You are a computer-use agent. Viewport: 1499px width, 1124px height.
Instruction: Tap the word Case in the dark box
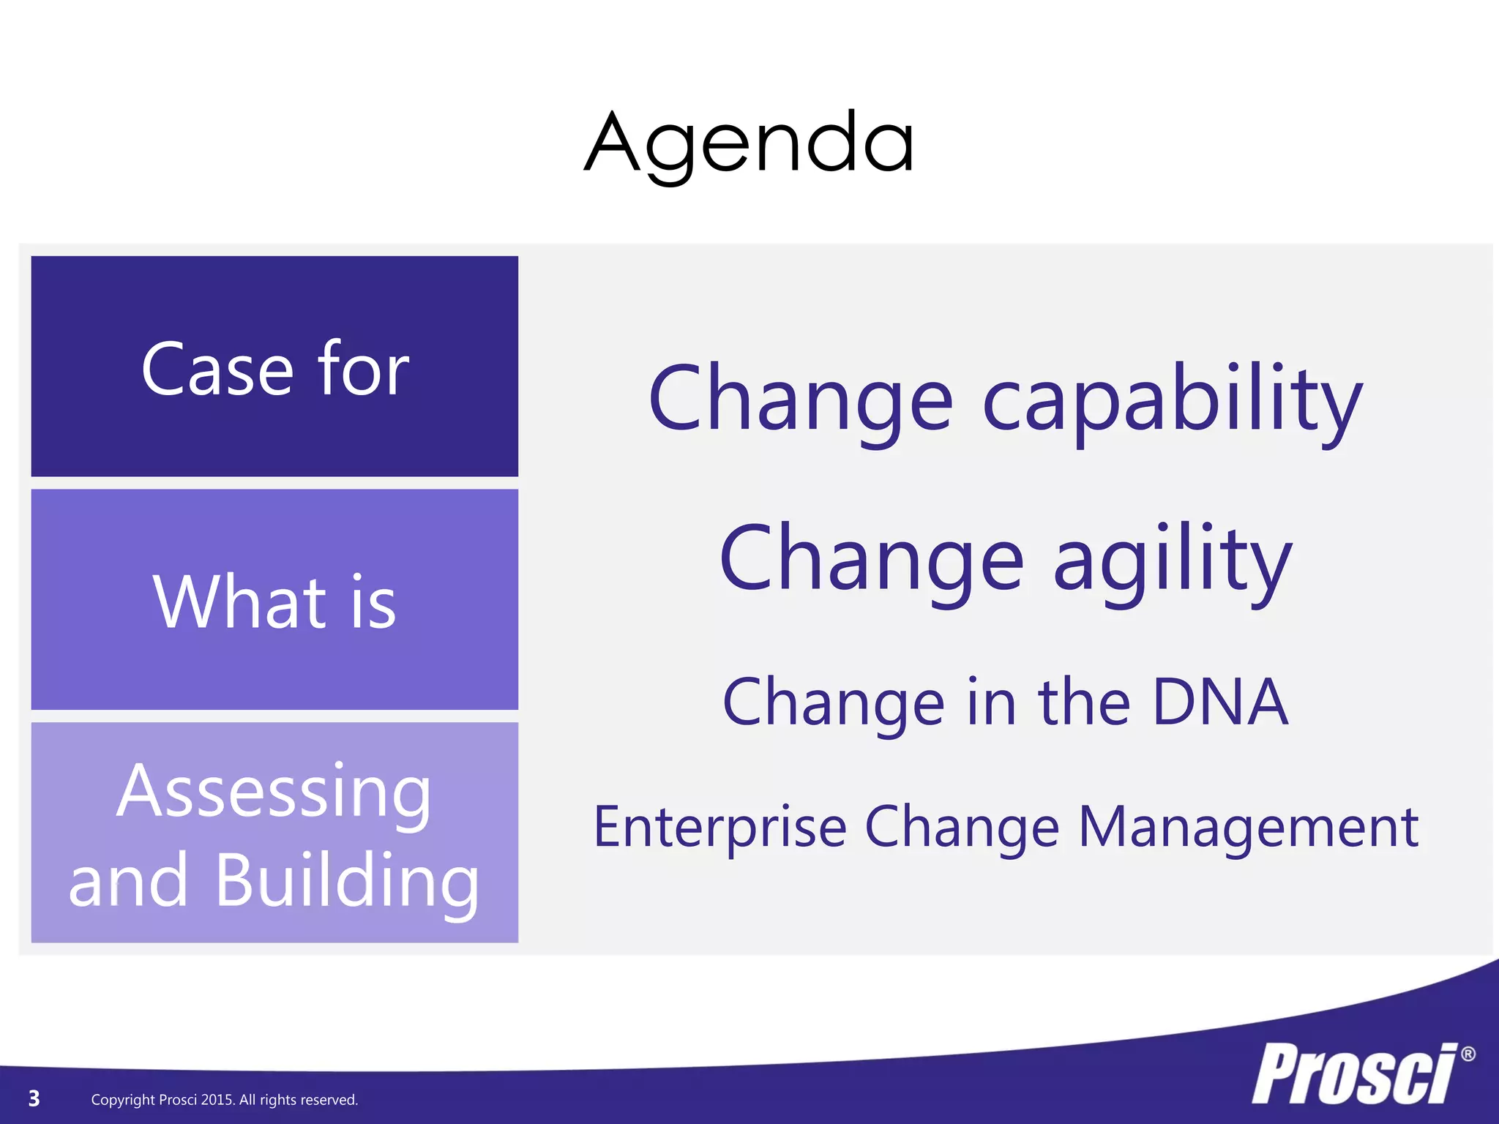click(217, 370)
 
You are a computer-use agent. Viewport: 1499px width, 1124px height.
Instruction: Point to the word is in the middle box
click(373, 603)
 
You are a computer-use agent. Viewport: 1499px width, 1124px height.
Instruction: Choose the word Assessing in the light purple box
click(274, 793)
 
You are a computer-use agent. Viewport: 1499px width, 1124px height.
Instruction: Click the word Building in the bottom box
click(348, 881)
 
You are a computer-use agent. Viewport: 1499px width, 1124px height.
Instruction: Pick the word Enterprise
click(719, 828)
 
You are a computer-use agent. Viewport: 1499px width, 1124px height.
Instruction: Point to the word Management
click(1249, 828)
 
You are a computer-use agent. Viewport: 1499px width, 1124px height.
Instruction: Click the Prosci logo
click(1354, 1074)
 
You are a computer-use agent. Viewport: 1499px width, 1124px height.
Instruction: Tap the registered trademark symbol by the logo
click(1468, 1054)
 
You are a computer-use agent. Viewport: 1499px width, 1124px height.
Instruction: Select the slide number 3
click(34, 1098)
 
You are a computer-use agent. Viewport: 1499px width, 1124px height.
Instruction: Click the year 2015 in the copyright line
click(217, 1100)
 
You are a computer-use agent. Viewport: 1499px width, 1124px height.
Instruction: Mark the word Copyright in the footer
click(123, 1100)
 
